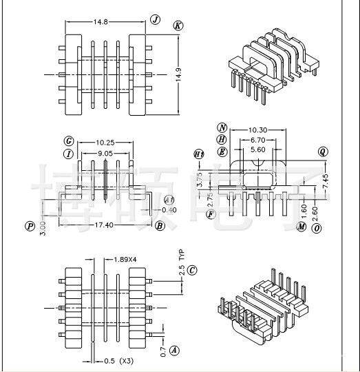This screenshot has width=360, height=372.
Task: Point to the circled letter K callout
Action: pos(178,25)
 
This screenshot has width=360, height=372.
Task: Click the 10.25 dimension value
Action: pos(105,142)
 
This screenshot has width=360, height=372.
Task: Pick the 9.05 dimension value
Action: pos(105,154)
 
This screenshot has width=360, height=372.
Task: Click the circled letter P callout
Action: pos(30,226)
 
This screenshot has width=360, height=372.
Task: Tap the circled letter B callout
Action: pos(160,225)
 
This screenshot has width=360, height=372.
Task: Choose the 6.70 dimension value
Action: pos(257,139)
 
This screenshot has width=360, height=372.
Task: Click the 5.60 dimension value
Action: pos(257,149)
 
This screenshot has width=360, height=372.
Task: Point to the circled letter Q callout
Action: pos(323,151)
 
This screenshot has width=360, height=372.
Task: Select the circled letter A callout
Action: pos(174,350)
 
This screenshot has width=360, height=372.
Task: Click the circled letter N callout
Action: pos(222,128)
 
